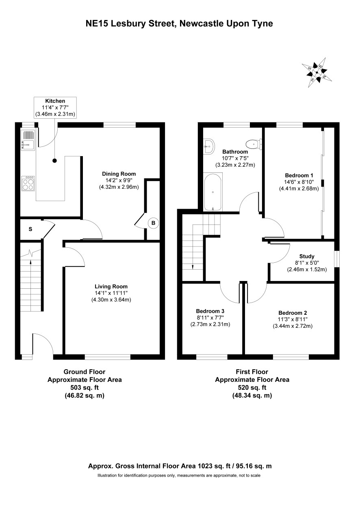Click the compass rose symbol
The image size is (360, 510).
point(317,73)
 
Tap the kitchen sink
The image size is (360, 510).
point(28,140)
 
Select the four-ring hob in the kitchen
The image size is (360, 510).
point(28,183)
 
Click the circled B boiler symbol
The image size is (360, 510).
point(153,223)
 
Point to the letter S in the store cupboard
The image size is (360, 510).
point(30,229)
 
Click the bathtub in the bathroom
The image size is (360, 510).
point(213,192)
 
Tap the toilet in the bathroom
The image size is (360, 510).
point(254,144)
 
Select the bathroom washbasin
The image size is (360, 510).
point(209,146)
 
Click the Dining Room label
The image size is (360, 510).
point(119,174)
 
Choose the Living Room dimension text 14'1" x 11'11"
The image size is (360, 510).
point(111,293)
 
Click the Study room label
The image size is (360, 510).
point(307,256)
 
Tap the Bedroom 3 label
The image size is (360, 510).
point(210,311)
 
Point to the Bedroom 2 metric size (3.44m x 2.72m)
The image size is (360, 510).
point(293,326)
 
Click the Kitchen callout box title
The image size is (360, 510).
point(55,101)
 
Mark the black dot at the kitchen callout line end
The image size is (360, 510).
point(54,161)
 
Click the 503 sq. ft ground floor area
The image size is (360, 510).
point(85,388)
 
